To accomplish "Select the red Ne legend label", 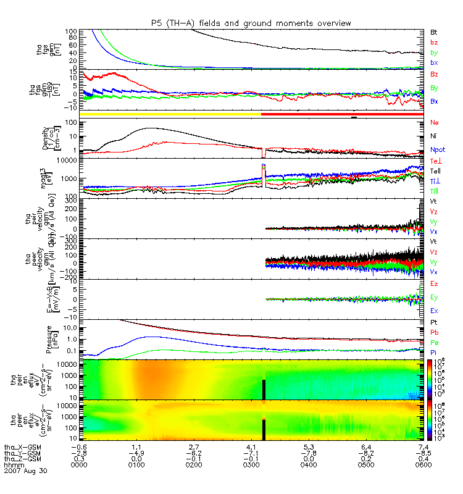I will tap(434, 123).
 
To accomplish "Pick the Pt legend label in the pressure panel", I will tap(434, 323).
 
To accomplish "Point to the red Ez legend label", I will tap(434, 283).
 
